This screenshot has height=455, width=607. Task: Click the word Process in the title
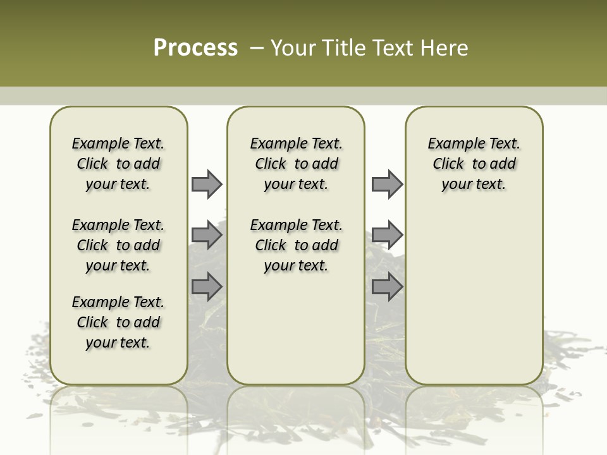[x=195, y=48]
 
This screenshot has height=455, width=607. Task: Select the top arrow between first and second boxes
[x=207, y=184]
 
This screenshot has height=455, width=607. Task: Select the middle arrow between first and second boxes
[x=207, y=235]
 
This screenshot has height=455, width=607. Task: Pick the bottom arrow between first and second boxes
[x=207, y=286]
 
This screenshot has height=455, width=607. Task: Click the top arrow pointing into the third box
[x=387, y=184]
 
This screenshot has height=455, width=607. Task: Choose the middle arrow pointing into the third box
[x=387, y=235]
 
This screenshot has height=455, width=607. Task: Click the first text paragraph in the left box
[x=118, y=164]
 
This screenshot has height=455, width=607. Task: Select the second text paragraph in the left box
[x=118, y=245]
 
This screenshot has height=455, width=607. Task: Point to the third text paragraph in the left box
[x=118, y=322]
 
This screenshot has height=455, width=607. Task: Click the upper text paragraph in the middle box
[x=296, y=164]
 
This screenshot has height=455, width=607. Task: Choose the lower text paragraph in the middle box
[x=296, y=245]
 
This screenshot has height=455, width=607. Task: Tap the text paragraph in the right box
[x=474, y=164]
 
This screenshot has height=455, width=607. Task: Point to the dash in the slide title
[x=257, y=48]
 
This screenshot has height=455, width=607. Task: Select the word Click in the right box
[x=448, y=164]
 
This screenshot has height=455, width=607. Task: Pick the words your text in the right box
[x=474, y=185]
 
